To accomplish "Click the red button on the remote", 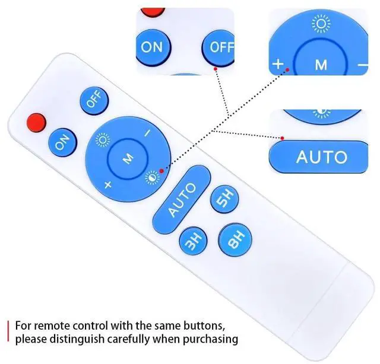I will tap(37, 122).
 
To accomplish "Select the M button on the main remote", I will tap(128, 158).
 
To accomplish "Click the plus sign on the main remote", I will tap(107, 184).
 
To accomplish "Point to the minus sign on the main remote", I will tap(148, 133).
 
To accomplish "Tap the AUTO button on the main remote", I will tap(182, 199).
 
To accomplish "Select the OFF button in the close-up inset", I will tap(221, 47).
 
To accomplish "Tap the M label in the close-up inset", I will tap(321, 65).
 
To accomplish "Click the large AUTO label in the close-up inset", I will tap(321, 157).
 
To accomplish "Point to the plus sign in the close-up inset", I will tap(278, 64).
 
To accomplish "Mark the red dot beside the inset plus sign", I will tap(287, 70).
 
